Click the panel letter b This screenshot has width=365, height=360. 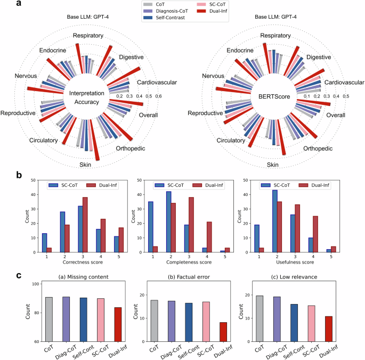point(20,175)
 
